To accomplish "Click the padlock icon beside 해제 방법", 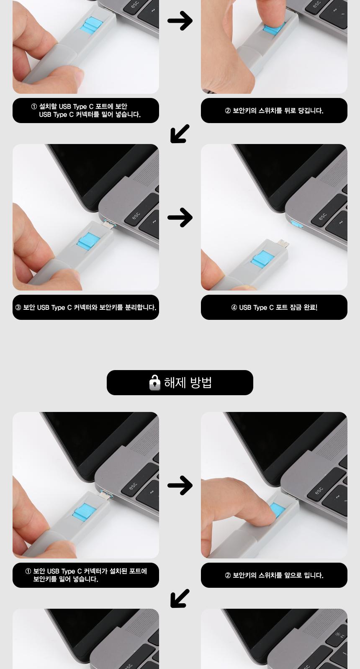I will tap(155, 382).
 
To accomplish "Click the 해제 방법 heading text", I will tap(188, 382).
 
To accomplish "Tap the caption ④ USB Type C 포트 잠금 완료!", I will tap(274, 307).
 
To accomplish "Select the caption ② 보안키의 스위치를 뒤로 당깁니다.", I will tap(274, 111).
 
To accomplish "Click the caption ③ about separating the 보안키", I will tap(86, 307).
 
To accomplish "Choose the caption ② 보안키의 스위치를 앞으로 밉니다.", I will tap(274, 575).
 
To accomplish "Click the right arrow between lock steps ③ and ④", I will tap(180, 217).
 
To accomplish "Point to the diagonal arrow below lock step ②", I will tap(180, 134).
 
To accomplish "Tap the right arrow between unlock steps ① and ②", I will tap(180, 485).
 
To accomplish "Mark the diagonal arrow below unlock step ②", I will tap(180, 598).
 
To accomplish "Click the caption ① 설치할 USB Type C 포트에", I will tap(86, 111).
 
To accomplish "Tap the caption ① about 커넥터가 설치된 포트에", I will tap(86, 575).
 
